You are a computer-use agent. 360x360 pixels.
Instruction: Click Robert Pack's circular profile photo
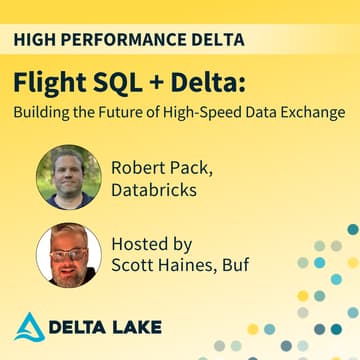tap(69, 178)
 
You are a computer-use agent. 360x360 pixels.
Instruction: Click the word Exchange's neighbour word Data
tap(269, 111)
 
